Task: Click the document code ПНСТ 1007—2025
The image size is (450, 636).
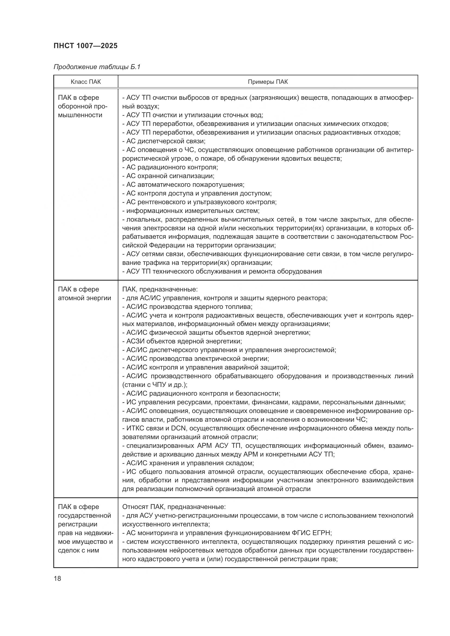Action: [85, 46]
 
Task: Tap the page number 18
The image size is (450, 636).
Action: [57, 578]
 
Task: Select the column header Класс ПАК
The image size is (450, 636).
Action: [86, 82]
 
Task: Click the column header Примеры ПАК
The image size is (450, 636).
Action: [268, 82]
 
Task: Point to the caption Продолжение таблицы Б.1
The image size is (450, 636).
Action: [97, 67]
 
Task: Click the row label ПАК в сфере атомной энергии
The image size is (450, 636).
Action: [84, 294]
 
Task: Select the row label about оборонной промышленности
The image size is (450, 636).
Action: [83, 106]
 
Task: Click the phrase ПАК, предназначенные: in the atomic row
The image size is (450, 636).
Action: [160, 290]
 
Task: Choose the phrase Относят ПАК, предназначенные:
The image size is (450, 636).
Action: [174, 507]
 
